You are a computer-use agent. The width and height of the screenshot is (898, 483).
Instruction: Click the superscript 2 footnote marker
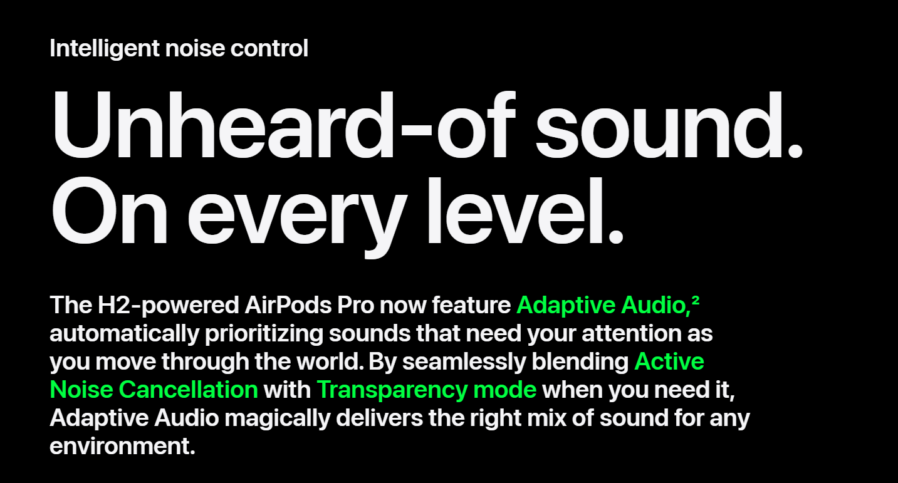click(695, 300)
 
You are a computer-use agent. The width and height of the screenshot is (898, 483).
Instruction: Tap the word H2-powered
click(169, 306)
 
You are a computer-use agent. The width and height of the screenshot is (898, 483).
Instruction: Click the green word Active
click(669, 361)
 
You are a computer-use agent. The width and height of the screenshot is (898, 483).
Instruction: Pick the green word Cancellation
click(188, 390)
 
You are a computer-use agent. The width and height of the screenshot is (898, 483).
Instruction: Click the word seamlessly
click(464, 362)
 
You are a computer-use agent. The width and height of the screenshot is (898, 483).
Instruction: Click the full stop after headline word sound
click(795, 151)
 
